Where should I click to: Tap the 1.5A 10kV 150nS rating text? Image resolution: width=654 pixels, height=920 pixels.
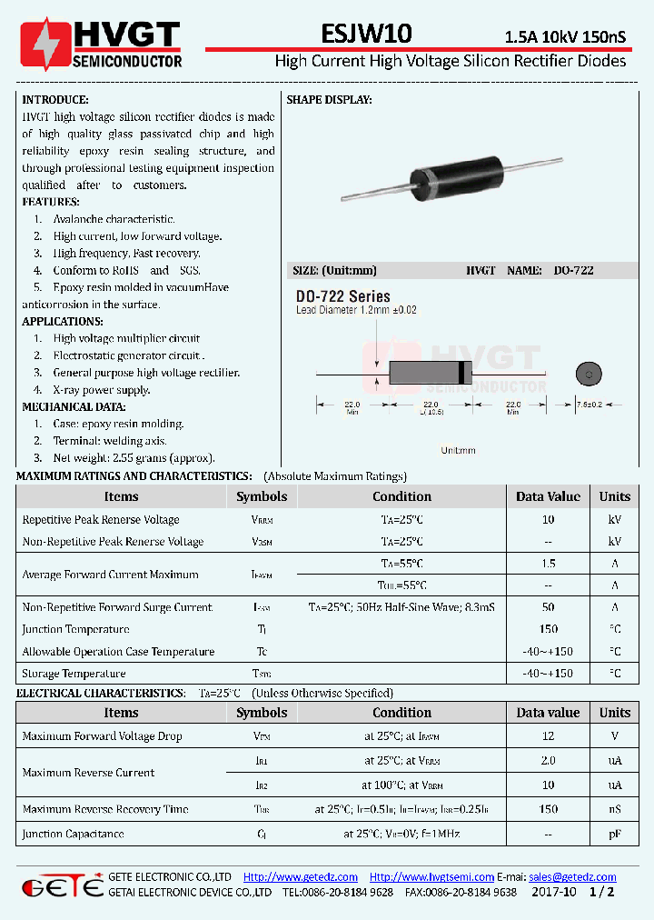point(565,37)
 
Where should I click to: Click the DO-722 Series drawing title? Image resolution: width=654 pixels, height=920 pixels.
point(342,296)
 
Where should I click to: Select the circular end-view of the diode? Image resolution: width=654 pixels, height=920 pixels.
point(589,374)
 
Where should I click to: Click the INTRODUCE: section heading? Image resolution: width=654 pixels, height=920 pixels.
point(55,99)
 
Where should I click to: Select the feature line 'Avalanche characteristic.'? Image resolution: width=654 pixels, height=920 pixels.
point(114,219)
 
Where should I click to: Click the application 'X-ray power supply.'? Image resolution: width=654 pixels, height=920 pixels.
point(101,390)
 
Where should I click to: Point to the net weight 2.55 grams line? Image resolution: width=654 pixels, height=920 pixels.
point(134,458)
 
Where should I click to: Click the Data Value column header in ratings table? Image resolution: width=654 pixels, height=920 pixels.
point(548,496)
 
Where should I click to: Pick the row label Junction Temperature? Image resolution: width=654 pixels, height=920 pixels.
point(75,629)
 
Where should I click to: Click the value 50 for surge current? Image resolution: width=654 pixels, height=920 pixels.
point(548,607)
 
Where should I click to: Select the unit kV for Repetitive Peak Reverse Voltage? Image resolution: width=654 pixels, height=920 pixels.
point(614,520)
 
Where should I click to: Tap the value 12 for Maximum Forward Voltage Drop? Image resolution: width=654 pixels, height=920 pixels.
point(548,736)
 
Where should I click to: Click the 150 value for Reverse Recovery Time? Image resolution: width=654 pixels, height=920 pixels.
point(548,809)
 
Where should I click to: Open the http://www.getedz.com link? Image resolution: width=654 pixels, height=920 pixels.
point(301,876)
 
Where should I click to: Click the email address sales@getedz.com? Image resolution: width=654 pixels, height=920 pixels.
point(572,876)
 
